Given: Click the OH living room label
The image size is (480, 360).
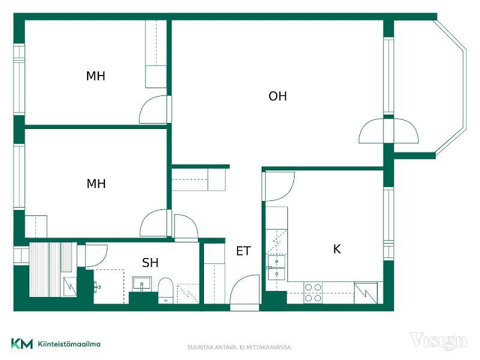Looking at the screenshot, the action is coord(278,96).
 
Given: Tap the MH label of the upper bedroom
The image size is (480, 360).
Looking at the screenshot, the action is coord(95,76).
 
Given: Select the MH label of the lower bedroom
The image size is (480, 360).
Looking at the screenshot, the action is coord(96,184).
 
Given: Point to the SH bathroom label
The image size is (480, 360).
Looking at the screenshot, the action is coord(151,263).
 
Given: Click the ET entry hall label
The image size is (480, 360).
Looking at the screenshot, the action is coord(244,251).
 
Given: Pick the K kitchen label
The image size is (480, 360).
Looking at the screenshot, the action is coord(337,249).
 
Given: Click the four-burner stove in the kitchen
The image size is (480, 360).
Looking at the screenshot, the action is coord(313,293).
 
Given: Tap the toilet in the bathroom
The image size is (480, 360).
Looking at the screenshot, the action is coord(166,290).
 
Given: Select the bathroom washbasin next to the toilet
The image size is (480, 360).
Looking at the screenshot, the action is coord(142,284).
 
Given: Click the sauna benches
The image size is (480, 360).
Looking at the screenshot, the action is coord(51,269).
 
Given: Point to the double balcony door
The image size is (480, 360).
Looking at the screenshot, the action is coord(388,131).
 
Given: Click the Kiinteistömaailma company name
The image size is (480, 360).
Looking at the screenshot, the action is coord(69,344).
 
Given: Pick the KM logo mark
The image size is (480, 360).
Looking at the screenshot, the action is coord(22,344).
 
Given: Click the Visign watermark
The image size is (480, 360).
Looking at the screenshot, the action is coord(439,341).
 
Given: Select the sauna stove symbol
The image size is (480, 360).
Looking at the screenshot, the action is coord(70,287).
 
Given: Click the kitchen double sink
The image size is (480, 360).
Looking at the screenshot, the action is coord(277,268).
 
